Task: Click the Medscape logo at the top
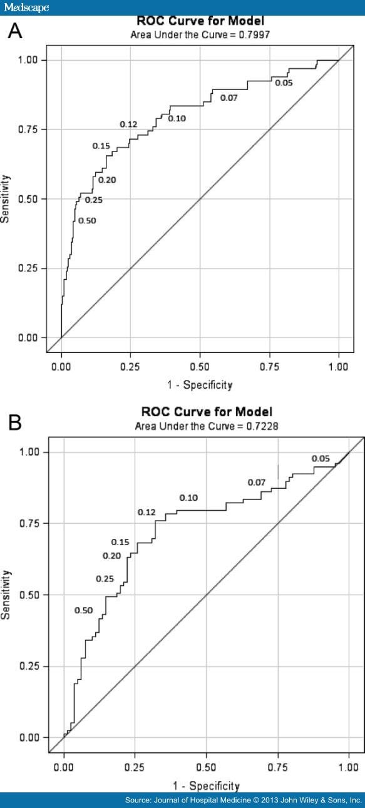tap(26, 7)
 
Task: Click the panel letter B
tap(15, 423)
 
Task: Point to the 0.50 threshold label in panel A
tap(88, 220)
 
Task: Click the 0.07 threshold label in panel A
tap(229, 98)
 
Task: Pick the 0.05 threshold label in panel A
tap(284, 83)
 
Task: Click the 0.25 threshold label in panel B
tap(105, 579)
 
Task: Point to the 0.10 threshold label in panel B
tap(188, 498)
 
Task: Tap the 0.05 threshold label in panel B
tap(321, 459)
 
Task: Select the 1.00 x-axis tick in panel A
tap(338, 362)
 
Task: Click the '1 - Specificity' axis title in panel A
tap(200, 385)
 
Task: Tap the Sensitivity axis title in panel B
tap(7, 595)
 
